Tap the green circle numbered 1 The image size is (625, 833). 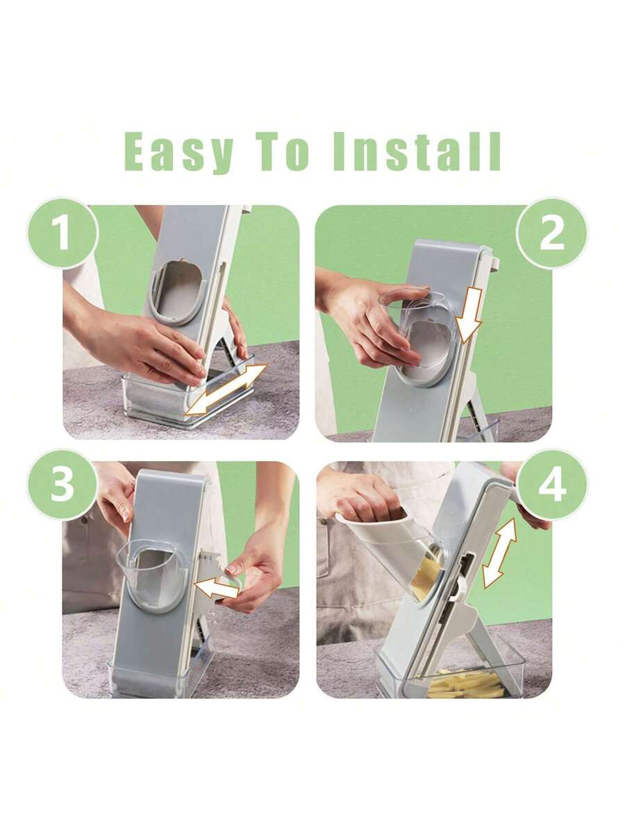62,233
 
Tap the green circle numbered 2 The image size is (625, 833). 552,233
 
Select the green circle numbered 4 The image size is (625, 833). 552,485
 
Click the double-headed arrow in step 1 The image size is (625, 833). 227,389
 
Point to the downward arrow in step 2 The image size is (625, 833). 469,315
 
